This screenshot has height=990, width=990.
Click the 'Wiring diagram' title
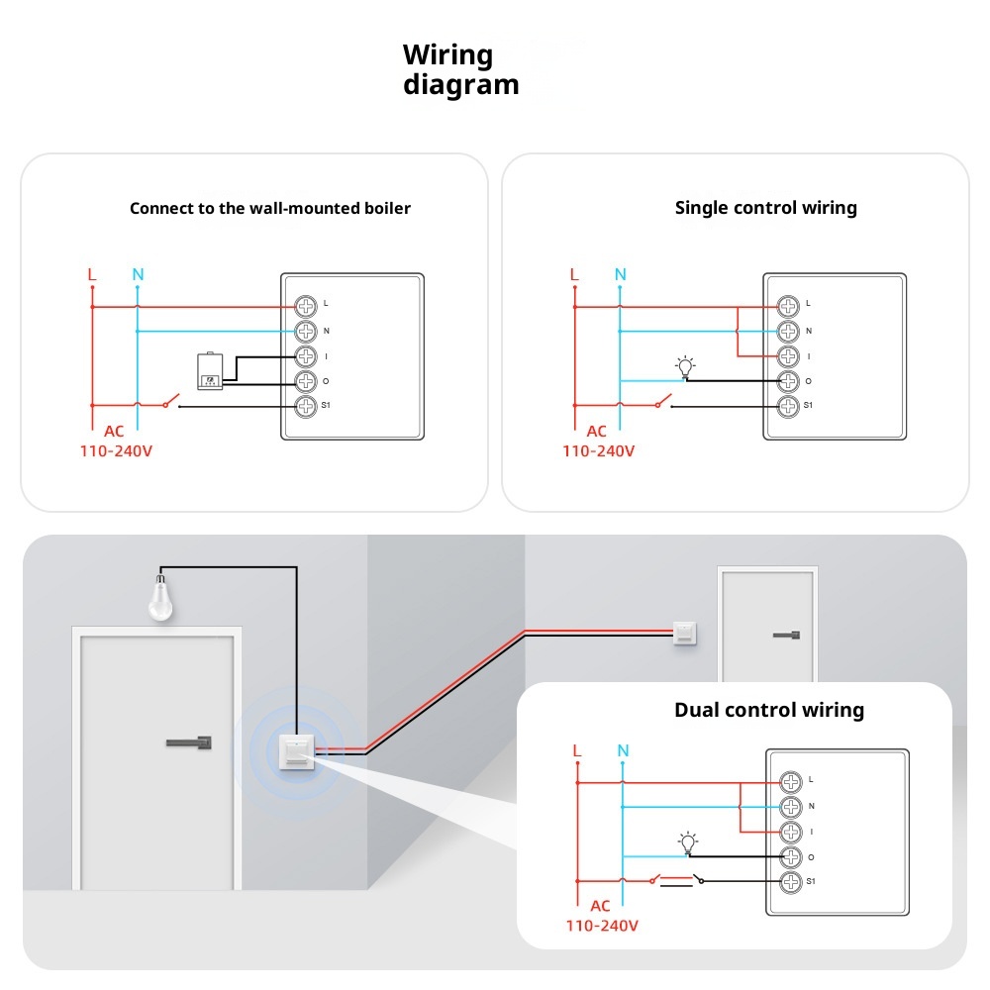pos(460,69)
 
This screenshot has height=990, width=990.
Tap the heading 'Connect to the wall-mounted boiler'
pos(270,208)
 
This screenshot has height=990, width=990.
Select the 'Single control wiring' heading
pos(765,208)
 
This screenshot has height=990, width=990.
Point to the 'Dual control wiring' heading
pos(768,710)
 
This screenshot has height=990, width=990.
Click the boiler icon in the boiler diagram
pos(210,371)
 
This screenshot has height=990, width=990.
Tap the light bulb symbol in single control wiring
pos(684,367)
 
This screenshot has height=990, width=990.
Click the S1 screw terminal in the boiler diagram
pos(306,405)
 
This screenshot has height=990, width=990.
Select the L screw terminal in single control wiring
pos(788,305)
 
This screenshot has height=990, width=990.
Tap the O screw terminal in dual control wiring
pos(790,856)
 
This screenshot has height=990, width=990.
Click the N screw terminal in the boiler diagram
pos(306,331)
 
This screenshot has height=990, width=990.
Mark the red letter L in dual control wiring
pos(577,750)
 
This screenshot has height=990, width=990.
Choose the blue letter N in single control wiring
pos(620,274)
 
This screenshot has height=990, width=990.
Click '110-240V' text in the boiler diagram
pos(117,450)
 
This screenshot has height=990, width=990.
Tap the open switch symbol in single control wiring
pos(662,403)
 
